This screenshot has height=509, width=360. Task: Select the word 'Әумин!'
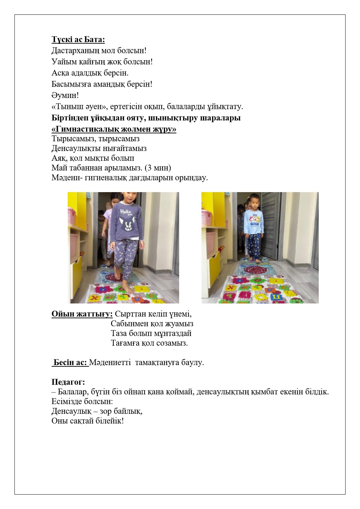[x=65, y=95]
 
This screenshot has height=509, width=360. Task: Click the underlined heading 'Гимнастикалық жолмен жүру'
[x=113, y=129]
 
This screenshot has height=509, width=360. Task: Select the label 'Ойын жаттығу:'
[x=82, y=314]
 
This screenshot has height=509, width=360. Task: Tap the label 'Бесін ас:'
[x=70, y=362]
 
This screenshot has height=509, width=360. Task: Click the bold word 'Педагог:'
[x=68, y=382]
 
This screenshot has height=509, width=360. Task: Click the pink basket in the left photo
[x=72, y=215]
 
